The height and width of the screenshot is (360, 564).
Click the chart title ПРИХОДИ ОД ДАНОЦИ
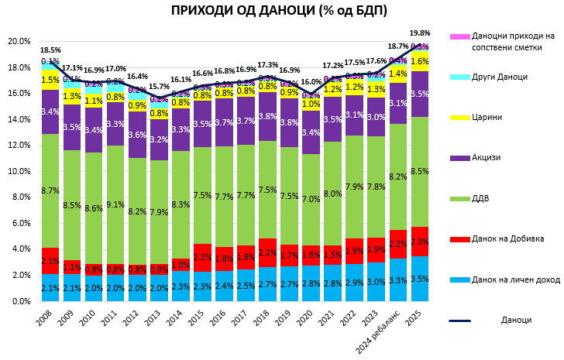pyautogui.click(x=280, y=11)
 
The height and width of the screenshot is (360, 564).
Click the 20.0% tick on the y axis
pyautogui.click(x=19, y=42)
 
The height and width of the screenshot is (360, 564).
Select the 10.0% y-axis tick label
pyautogui.click(x=19, y=171)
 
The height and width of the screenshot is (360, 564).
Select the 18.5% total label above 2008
pyautogui.click(x=50, y=50)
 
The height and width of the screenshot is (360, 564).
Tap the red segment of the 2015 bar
pyautogui.click(x=203, y=257)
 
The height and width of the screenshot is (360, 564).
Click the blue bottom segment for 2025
pyautogui.click(x=420, y=279)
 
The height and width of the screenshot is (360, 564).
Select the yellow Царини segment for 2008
pyautogui.click(x=50, y=80)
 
